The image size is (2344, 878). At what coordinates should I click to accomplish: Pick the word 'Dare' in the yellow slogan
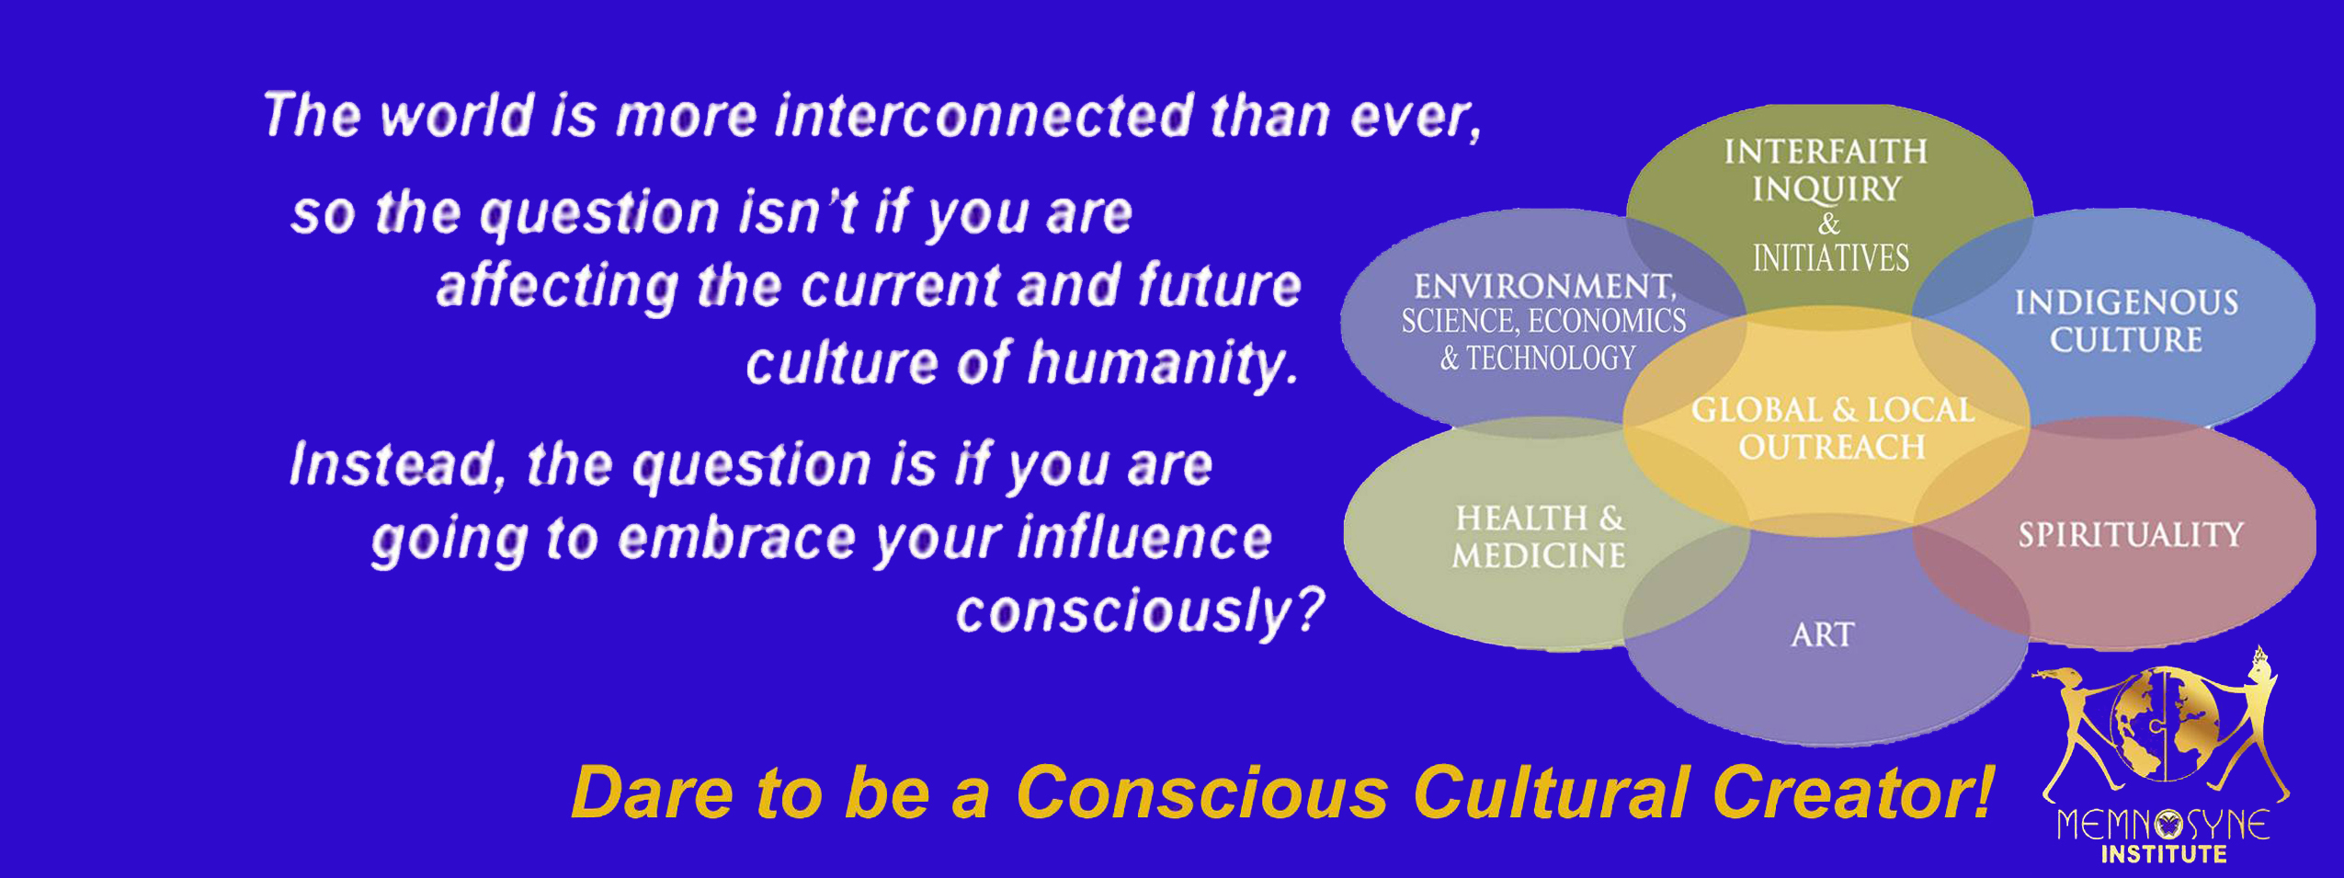coord(652,792)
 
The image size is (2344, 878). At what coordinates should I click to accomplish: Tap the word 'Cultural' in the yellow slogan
coord(1551,792)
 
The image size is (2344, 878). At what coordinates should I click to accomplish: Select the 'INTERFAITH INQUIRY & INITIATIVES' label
coord(1827,205)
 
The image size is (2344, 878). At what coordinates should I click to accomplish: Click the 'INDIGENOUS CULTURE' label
coord(2126,321)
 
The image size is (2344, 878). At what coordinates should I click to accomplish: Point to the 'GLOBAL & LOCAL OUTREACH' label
coord(1832,428)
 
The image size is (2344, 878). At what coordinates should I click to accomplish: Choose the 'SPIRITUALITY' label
coord(2131,535)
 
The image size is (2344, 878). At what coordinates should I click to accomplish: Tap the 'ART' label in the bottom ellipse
coord(1823,635)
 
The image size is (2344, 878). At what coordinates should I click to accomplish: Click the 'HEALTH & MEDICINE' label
coord(1539,537)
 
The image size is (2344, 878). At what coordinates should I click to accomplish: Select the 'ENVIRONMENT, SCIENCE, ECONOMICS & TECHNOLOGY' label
coord(1543,322)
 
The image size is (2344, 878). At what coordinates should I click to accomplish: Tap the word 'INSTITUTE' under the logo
coord(2164,855)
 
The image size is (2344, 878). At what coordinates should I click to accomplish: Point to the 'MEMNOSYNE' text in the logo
coord(2163,825)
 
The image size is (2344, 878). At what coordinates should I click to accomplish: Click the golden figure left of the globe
coord(2079,726)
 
